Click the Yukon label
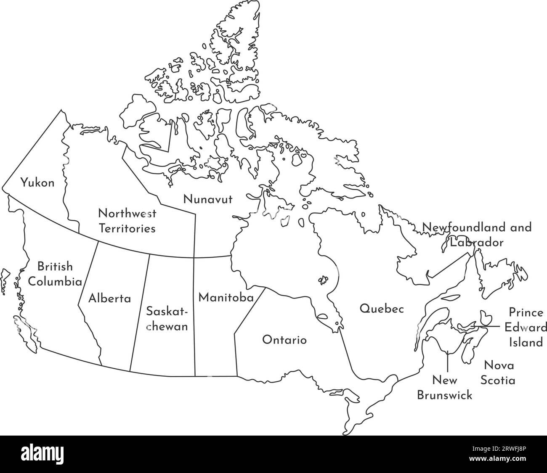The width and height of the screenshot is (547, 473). click(37, 183)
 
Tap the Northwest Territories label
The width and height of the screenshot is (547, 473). click(127, 221)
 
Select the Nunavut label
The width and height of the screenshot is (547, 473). click(207, 199)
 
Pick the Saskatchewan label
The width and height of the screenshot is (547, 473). click(167, 319)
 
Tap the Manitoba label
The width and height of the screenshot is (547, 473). click(226, 298)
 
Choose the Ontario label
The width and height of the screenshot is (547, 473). click(284, 340)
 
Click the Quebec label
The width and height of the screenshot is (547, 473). click(382, 309)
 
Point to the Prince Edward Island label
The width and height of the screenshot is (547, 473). click(526, 328)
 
